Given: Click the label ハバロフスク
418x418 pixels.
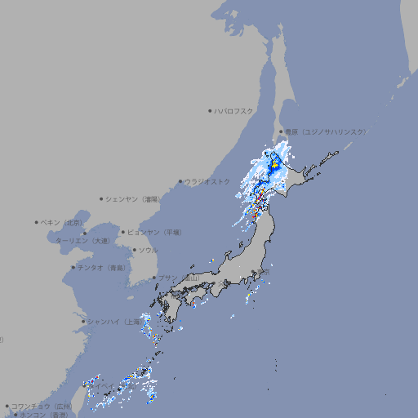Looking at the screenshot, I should [x=234, y=110].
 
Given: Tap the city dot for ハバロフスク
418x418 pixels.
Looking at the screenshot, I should [x=210, y=110].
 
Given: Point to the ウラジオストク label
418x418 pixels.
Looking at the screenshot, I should [x=207, y=181].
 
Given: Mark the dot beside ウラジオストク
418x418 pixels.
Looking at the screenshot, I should [x=180, y=182].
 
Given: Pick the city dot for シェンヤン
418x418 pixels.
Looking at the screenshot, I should [x=102, y=198].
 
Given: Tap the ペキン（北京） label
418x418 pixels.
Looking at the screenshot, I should [x=62, y=222].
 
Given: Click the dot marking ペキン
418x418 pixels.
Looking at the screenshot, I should [x=37, y=222].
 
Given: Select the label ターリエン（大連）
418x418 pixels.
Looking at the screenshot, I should [x=82, y=241].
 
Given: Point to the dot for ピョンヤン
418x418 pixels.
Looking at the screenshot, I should [x=124, y=232].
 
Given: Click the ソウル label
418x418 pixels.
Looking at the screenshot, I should [x=148, y=250].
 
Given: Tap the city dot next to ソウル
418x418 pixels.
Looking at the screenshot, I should [x=134, y=250].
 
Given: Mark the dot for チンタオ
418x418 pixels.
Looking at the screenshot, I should [x=73, y=267].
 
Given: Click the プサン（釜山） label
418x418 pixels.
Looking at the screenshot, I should [x=179, y=278].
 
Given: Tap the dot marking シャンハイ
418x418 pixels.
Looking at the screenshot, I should [x=83, y=321].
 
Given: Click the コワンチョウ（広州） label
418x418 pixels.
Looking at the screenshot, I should [x=41, y=406].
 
